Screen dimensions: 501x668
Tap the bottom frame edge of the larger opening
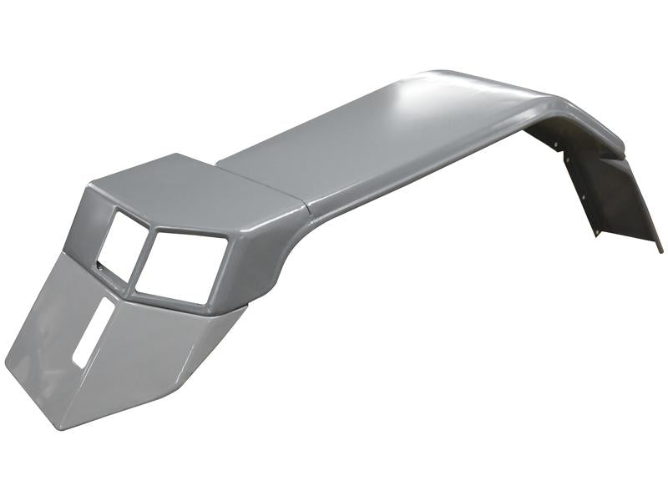coord(171,299)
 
